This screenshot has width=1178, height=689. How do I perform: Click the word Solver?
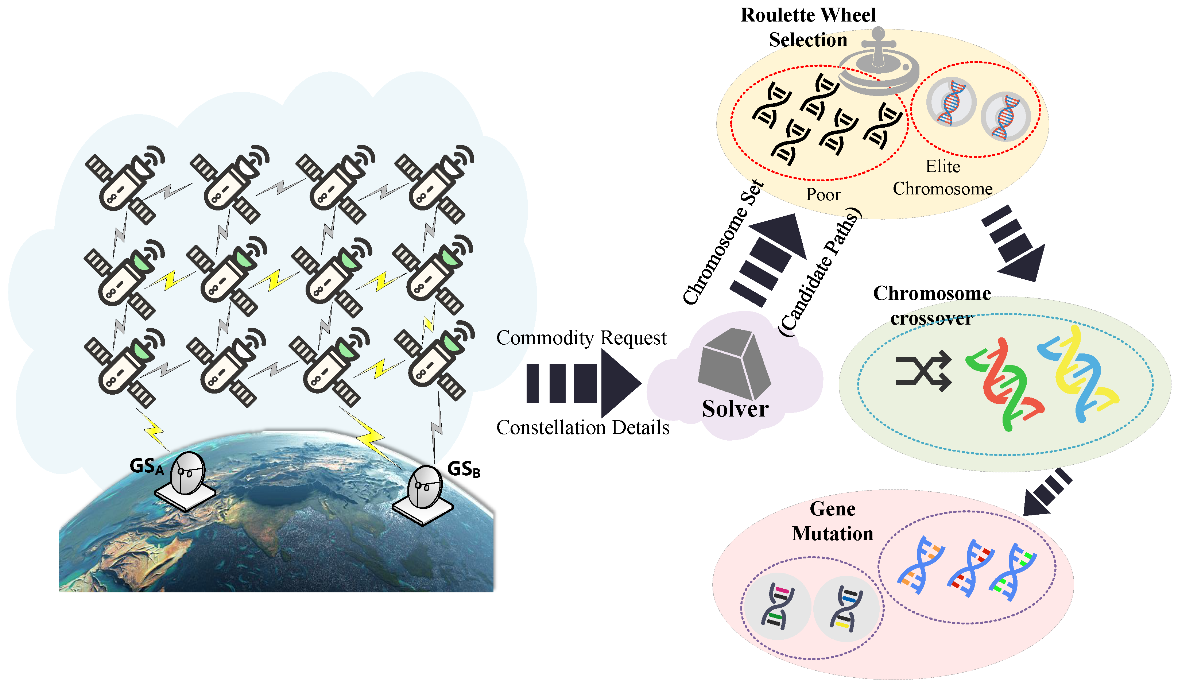(735, 409)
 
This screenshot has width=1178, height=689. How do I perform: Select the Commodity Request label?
(581, 337)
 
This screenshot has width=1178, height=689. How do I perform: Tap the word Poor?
(823, 194)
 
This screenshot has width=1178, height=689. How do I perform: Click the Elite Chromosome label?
(942, 178)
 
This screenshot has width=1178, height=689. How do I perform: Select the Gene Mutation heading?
(833, 521)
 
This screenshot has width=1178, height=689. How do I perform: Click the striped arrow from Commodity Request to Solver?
(582, 383)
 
